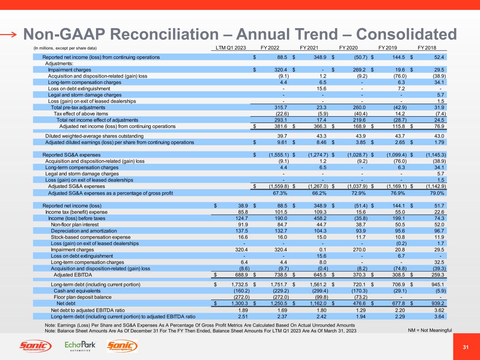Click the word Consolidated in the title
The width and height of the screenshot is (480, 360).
point(407,34)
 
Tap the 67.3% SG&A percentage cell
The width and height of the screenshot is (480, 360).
point(282,193)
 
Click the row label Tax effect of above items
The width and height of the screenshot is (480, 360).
point(81,114)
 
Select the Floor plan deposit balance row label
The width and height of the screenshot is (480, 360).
point(83,297)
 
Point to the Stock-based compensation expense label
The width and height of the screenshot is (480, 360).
point(91,237)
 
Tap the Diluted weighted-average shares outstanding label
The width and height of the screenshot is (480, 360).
point(94,136)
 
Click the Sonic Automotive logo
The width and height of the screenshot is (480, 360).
point(35,346)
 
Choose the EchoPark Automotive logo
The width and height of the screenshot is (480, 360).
point(80,346)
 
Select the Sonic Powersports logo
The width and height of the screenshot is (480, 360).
point(122,346)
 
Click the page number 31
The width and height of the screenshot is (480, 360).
point(466,347)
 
